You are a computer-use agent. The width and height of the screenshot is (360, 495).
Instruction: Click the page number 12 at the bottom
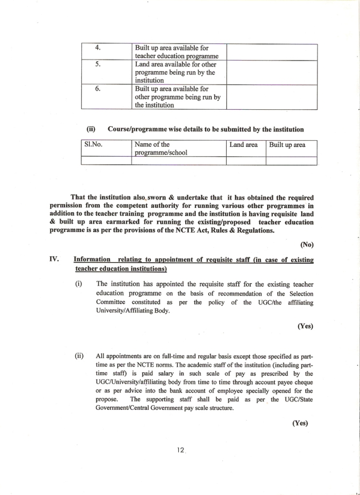(181, 450)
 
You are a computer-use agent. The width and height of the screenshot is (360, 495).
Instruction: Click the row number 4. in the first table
(98, 48)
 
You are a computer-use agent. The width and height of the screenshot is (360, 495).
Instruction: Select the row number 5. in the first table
(98, 64)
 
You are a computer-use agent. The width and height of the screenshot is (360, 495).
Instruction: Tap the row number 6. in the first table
(98, 89)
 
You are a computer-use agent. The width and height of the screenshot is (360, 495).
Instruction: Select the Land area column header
(244, 145)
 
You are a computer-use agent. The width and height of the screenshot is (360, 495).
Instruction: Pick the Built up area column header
(287, 145)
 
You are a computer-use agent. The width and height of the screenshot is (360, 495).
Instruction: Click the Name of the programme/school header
(161, 148)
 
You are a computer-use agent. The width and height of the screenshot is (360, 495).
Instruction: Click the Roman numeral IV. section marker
(54, 260)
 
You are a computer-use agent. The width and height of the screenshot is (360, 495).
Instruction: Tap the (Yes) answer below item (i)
(305, 326)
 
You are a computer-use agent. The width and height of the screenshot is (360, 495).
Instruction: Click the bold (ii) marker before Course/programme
(91, 130)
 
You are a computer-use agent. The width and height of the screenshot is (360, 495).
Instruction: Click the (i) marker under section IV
(78, 284)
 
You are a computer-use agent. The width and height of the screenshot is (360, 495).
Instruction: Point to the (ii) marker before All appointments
(79, 356)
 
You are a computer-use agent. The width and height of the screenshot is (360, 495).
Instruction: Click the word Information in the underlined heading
(92, 260)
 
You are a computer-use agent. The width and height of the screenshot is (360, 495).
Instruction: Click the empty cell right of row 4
(272, 52)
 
